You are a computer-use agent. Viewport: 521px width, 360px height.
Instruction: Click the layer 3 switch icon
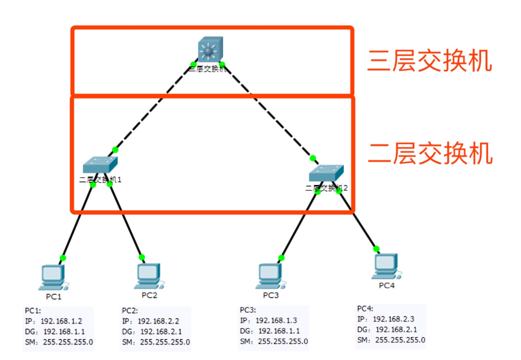(210, 49)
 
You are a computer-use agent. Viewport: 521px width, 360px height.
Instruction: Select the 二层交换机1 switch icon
(100, 164)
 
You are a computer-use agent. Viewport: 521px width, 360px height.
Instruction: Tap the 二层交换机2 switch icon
(326, 172)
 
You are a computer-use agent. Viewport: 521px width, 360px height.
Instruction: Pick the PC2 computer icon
(149, 276)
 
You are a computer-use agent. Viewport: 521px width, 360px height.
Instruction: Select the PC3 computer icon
(270, 276)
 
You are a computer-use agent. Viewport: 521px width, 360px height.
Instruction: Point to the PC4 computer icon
(386, 266)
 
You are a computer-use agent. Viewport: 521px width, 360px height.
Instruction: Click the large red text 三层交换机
(429, 61)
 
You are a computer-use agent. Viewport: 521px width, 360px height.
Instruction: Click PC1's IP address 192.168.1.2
(61, 321)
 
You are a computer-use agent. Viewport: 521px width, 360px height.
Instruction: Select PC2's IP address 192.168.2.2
(158, 321)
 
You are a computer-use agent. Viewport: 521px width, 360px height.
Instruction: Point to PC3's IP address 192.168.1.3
(276, 320)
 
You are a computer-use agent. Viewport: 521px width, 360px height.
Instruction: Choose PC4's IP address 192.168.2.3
(394, 319)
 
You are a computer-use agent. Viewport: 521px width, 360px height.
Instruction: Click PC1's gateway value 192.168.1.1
(64, 332)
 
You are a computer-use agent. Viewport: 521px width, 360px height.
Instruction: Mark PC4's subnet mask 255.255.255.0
(400, 340)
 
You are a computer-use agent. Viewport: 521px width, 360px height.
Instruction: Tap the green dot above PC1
(63, 258)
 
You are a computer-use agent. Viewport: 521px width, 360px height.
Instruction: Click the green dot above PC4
(376, 249)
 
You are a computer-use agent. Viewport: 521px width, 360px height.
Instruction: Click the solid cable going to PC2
(126, 221)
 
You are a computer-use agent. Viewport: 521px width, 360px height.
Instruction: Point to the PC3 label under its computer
(271, 295)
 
